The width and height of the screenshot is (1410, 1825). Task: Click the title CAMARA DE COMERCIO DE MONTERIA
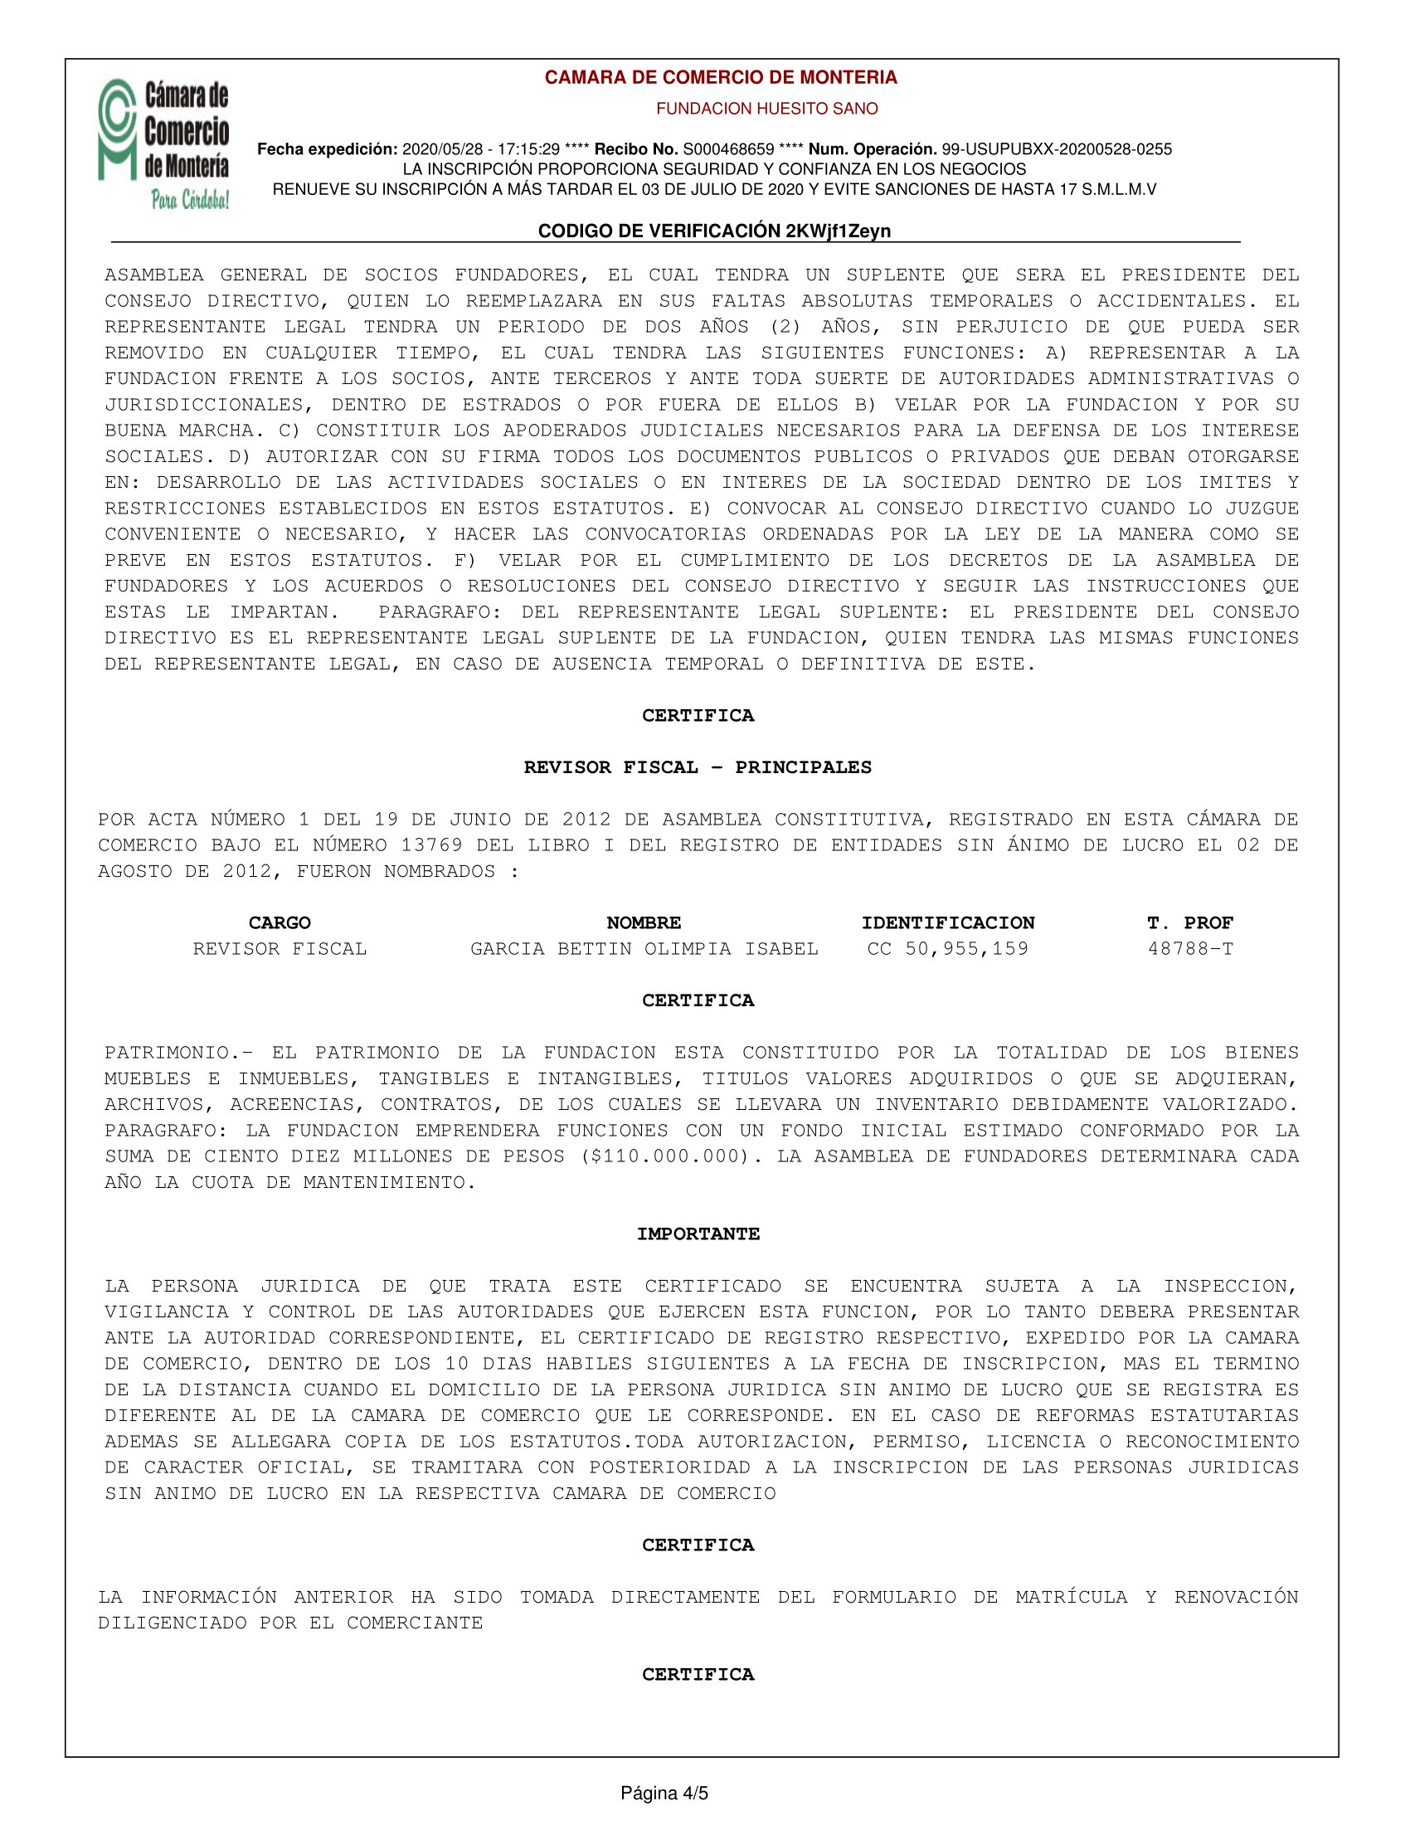coord(720,78)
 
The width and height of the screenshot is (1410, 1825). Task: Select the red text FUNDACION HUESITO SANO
coord(766,109)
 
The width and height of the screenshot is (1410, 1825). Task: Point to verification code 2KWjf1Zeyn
coord(838,231)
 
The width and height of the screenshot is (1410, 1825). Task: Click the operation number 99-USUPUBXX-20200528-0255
coord(1057,149)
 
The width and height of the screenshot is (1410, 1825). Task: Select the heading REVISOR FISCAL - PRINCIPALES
coord(698,767)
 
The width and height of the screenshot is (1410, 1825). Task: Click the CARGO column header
coord(279,922)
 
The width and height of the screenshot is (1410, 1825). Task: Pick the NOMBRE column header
coord(643,922)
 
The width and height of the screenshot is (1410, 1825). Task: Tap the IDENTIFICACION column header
coord(948,922)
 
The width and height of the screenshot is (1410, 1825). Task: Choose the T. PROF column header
coord(1190,922)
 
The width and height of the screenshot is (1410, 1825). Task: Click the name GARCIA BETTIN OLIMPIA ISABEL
coord(644,948)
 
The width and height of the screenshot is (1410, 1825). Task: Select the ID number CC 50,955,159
coord(948,948)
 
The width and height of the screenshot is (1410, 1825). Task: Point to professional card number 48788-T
coord(1190,948)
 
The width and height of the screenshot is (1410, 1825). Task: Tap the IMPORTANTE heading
coord(698,1234)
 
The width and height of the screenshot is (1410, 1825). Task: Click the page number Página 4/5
coord(664,1793)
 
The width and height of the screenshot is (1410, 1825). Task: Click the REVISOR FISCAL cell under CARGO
coord(280,948)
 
